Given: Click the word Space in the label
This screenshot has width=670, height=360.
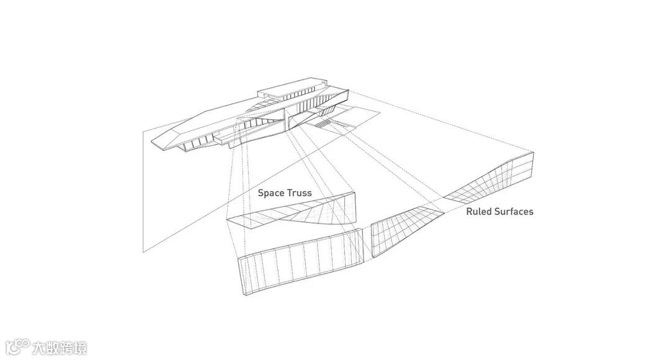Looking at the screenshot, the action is coord(270,193).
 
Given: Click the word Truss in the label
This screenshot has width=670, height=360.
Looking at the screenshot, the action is coord(299,193).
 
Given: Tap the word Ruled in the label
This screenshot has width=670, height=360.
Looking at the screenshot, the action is coord(479,212).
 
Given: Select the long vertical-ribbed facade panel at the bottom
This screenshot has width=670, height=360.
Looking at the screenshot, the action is coord(298,267).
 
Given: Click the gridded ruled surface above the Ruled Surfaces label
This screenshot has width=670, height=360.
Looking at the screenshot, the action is coord(496,180).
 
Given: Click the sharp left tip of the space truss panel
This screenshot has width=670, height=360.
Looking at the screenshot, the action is coord(228,219).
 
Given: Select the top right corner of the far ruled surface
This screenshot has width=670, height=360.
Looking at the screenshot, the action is coord(533,151).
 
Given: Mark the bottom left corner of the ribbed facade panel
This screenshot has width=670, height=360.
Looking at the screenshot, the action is coord(244,295).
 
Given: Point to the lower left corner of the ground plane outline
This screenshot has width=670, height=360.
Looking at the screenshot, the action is coord(143,252).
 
